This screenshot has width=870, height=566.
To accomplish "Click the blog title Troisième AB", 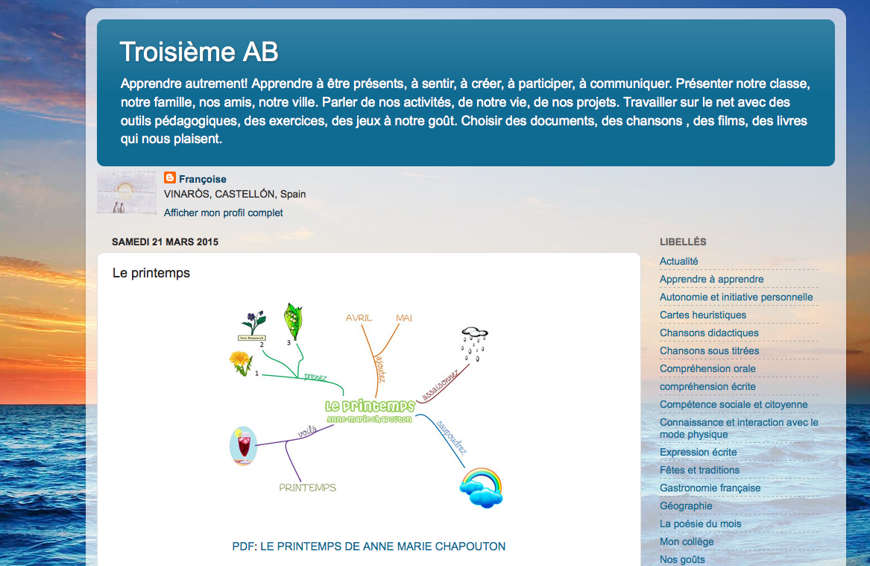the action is point(199,51).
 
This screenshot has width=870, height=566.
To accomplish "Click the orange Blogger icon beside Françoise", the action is point(170,178).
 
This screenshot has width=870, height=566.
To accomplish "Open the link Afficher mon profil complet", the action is point(223,213).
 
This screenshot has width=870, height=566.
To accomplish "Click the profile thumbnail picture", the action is point(126,193).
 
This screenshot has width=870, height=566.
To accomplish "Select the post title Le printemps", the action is point(151,273).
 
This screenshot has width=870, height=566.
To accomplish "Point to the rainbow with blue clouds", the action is point(481,487).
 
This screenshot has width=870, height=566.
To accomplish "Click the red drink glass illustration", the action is point(243,447).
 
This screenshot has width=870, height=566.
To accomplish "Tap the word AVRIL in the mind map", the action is point(359,318).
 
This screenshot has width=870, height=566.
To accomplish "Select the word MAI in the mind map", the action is point(404,318).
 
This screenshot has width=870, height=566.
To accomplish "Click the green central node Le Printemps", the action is point(370,406).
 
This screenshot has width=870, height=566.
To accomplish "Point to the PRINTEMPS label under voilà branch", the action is point(307,488).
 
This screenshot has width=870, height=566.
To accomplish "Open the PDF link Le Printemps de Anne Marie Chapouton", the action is point(369,547).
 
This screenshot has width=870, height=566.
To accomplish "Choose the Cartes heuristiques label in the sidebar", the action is point(703,315).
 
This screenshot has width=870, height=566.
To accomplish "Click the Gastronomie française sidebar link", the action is point(710,488).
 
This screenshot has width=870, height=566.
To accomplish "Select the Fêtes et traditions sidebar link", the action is point(699,470).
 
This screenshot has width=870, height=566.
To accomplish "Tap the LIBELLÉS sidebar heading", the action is point(683,242).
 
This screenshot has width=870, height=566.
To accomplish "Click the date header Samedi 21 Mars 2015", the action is point(165,242).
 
